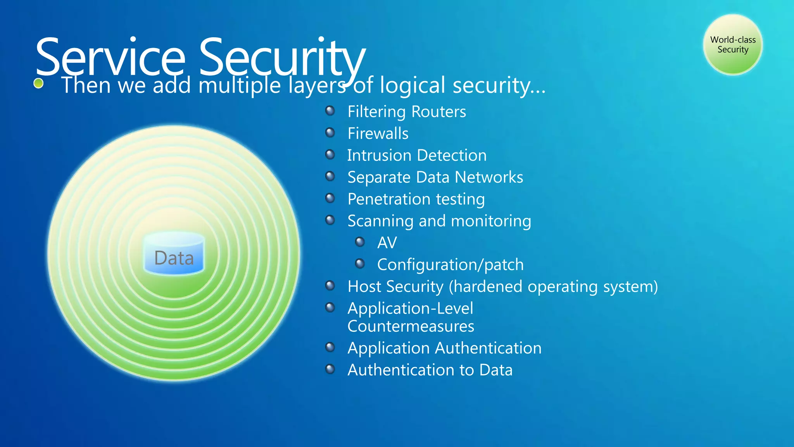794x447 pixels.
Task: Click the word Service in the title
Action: point(110,57)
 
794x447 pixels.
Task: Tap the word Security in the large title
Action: point(282,57)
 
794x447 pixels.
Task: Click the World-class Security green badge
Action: point(733,45)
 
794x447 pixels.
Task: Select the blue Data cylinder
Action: point(174,254)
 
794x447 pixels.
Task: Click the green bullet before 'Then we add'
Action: point(38,83)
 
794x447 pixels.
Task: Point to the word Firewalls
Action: point(378,133)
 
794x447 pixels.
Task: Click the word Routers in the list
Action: point(438,112)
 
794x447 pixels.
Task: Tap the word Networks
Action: point(489,177)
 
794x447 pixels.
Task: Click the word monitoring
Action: point(491,221)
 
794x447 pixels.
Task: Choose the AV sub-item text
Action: point(387,243)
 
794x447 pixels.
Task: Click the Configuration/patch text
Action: point(450,265)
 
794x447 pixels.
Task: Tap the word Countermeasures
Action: point(411,326)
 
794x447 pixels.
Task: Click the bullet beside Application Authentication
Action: point(330,347)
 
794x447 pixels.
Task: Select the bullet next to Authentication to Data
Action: point(330,369)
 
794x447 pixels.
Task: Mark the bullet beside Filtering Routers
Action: point(330,111)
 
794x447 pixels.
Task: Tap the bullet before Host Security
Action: point(330,286)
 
